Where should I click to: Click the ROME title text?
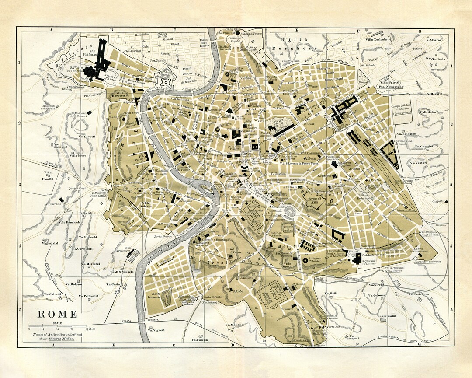coord(57,314)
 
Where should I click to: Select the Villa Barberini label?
coord(119,95)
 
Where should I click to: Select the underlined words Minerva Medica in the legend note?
coord(62,339)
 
